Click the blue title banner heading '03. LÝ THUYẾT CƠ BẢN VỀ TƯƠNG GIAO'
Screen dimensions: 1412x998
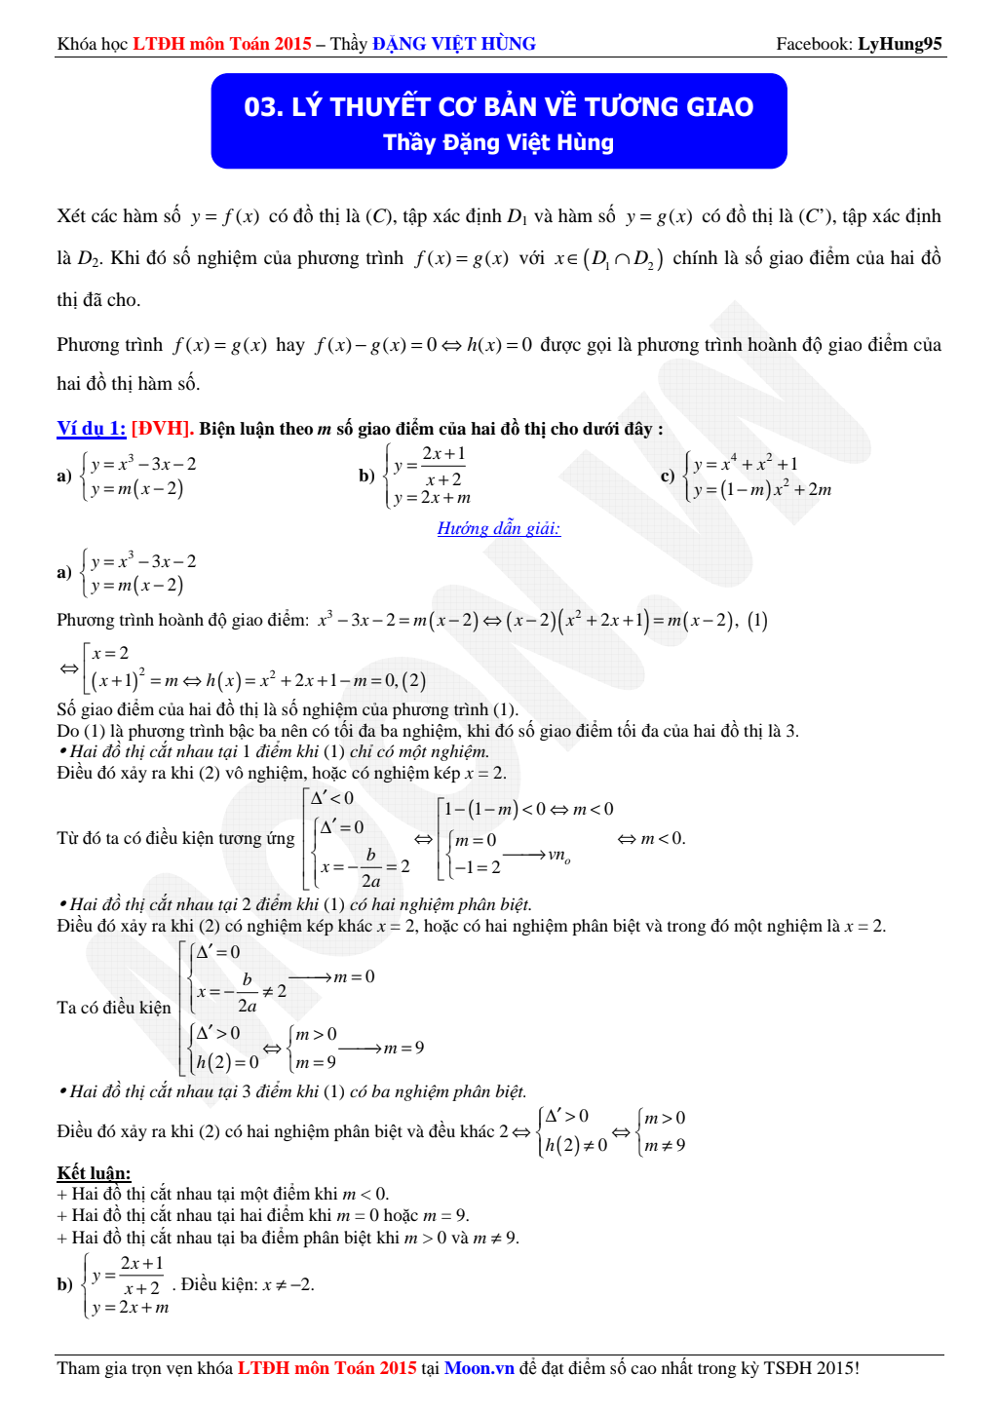[x=498, y=106]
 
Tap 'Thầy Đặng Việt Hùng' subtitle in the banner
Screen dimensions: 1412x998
[x=498, y=142]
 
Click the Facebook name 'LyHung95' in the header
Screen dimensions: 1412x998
[x=900, y=44]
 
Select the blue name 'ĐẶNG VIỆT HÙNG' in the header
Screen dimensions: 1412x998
[x=453, y=44]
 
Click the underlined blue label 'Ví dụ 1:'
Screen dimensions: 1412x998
[x=91, y=429]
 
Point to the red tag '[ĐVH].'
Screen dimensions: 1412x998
[x=162, y=429]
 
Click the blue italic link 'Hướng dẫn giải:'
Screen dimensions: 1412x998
[x=498, y=528]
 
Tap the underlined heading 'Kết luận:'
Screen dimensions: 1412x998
[x=94, y=1172]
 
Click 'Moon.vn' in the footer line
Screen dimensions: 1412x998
[x=479, y=1368]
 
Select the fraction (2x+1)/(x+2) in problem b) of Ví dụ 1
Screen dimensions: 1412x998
[x=443, y=466]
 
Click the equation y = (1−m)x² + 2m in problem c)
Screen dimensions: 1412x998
[x=761, y=489]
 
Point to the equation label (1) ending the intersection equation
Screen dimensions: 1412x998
[x=757, y=620]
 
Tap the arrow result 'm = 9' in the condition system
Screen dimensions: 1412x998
[x=403, y=1048]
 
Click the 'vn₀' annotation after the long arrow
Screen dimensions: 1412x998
[x=558, y=856]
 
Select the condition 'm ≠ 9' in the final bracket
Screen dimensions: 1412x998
[x=665, y=1145]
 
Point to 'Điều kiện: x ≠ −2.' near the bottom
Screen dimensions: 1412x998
[x=247, y=1284]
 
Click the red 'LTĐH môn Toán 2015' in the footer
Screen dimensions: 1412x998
[x=326, y=1368]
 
